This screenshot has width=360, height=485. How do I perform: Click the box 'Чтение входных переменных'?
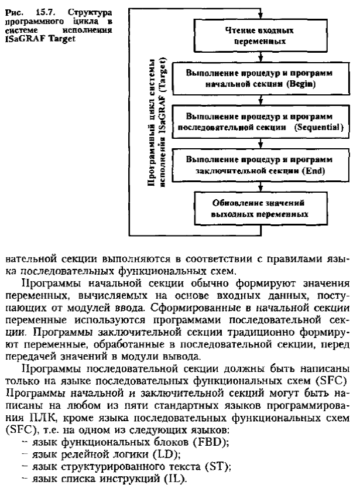pos(260,36)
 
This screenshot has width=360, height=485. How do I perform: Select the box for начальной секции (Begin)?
pos(260,80)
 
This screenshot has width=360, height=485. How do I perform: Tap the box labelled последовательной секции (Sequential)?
pos(260,121)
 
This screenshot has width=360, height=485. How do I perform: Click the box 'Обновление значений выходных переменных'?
pos(260,208)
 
